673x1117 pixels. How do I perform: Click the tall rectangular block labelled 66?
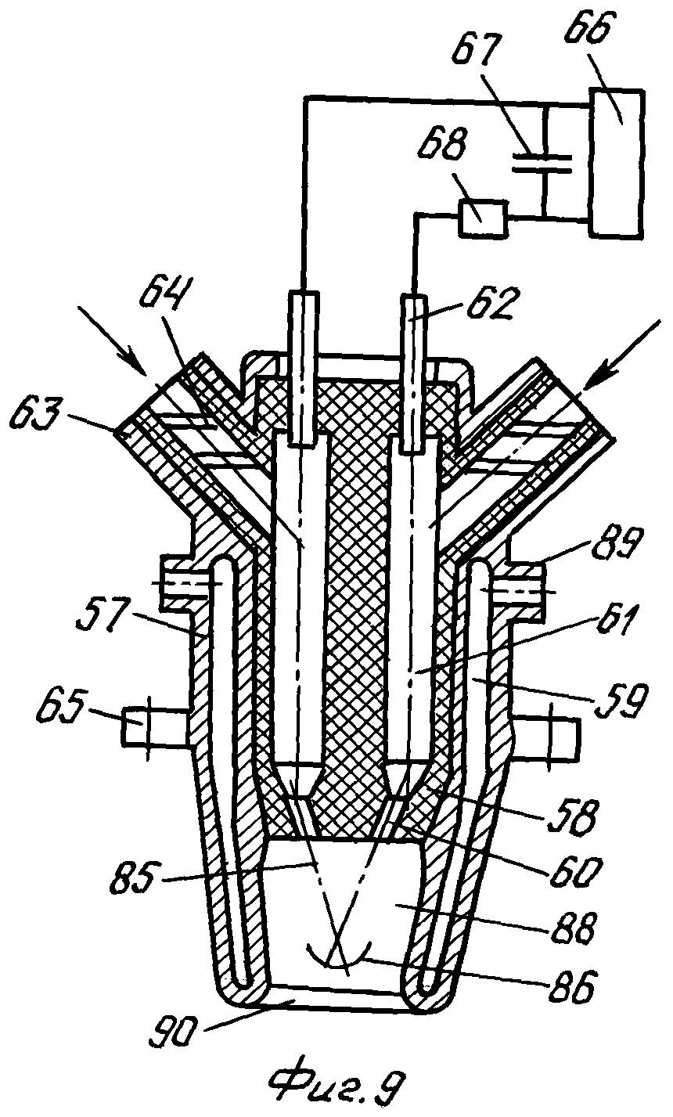point(616,161)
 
